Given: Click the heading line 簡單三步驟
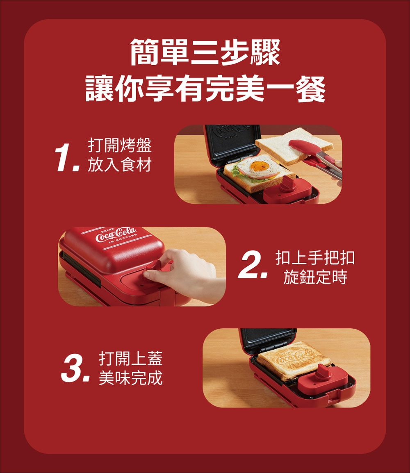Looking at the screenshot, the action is pyautogui.click(x=205, y=52).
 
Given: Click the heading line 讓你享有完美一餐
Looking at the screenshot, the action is pyautogui.click(x=205, y=89).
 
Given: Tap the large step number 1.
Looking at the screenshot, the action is pyautogui.click(x=67, y=157).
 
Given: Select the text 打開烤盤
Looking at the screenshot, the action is pyautogui.click(x=120, y=146).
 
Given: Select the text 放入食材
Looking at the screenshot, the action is pyautogui.click(x=120, y=165).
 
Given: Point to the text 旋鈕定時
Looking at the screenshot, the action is pyautogui.click(x=315, y=277).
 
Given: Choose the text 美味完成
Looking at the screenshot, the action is pyautogui.click(x=131, y=377).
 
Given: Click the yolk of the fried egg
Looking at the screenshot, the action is pyautogui.click(x=260, y=166).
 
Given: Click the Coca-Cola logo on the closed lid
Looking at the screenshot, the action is pyautogui.click(x=116, y=235).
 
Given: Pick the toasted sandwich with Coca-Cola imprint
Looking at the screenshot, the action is pyautogui.click(x=294, y=360).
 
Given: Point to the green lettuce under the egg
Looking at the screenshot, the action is pyautogui.click(x=241, y=175).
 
